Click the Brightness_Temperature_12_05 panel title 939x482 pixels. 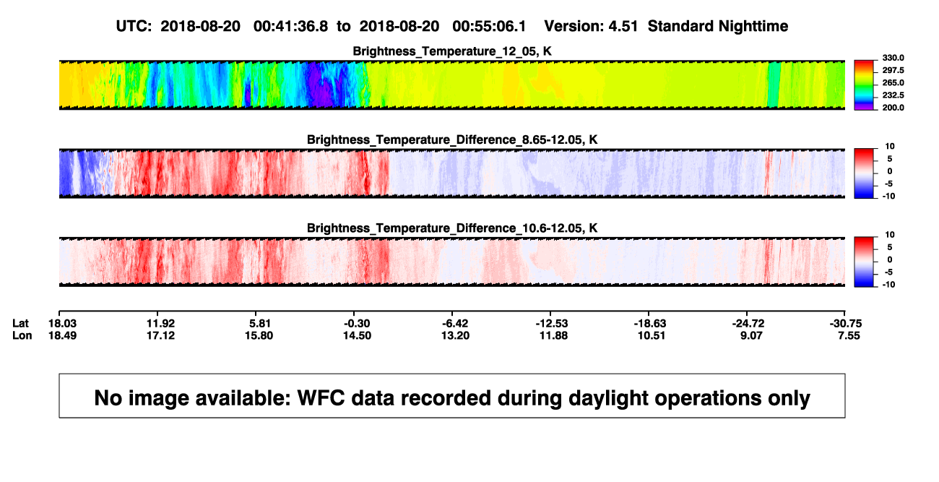452,51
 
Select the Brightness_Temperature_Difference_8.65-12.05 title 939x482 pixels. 452,139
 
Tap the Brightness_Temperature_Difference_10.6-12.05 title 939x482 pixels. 452,228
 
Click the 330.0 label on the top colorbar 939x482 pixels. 893,58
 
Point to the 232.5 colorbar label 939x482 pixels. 893,95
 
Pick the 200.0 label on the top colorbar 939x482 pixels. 893,108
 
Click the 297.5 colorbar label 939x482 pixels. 893,71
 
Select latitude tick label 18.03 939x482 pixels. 62,324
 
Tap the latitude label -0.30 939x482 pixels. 357,324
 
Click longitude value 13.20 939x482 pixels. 455,335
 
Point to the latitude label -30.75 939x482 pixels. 846,324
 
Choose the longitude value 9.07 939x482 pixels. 750,335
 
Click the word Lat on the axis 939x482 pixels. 20,324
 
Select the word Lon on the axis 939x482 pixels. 22,335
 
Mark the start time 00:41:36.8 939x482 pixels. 290,27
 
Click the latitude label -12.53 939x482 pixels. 552,324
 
